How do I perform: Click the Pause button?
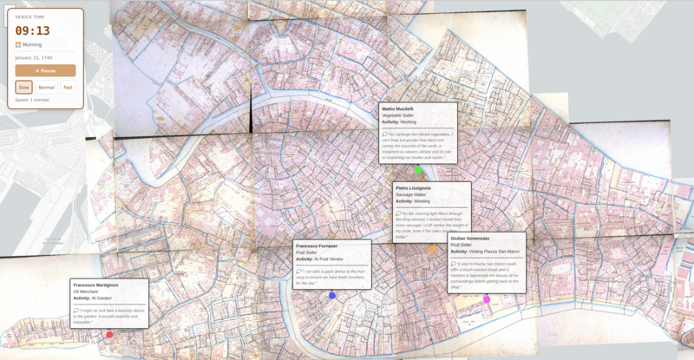tap(45, 70)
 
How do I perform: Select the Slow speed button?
tap(24, 88)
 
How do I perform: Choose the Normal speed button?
tap(47, 88)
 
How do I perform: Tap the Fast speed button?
tap(68, 88)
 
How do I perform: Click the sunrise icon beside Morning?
tap(18, 44)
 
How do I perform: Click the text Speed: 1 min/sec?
tap(34, 100)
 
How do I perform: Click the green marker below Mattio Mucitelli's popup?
tap(418, 170)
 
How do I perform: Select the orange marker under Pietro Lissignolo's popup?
tap(432, 250)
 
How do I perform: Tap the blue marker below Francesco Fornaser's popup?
tap(331, 296)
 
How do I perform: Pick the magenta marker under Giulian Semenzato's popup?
tap(487, 299)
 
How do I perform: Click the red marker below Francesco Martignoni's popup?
tap(109, 334)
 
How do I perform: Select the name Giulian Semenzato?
tap(470, 238)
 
